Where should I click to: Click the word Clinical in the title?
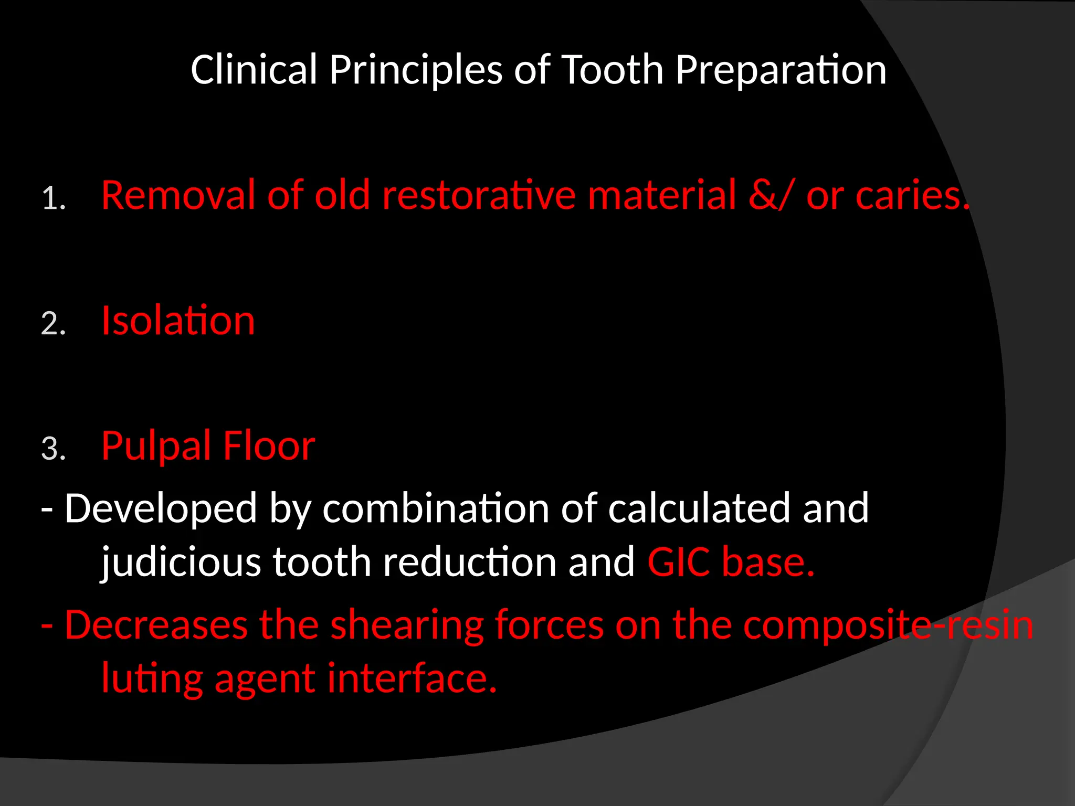coord(254,70)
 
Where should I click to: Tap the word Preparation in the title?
coord(781,70)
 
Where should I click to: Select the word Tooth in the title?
coord(613,70)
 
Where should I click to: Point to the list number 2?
coord(54,324)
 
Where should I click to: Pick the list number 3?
coord(54,450)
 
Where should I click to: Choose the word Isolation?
coord(178,321)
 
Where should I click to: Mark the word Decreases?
coord(156,625)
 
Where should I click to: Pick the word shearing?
coord(407,625)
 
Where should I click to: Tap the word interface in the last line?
coord(412,678)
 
